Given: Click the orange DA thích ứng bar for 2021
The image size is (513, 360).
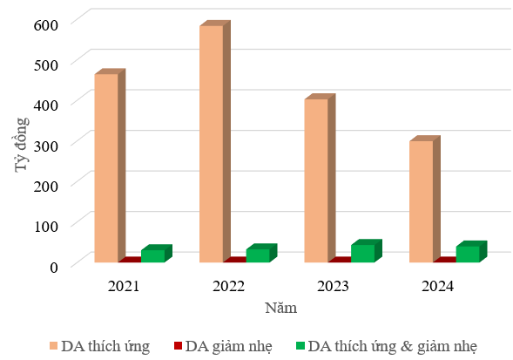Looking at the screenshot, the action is pyautogui.click(x=110, y=167).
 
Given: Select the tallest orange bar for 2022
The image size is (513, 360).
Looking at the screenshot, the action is pyautogui.click(x=215, y=143).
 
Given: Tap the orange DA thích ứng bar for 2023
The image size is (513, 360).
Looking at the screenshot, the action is pyautogui.click(x=320, y=180).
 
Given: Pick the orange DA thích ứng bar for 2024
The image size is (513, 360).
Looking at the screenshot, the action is pyautogui.click(x=425, y=200).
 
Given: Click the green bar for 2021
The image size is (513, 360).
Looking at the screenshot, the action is pyautogui.click(x=157, y=255).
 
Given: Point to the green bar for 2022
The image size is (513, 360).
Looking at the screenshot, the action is pyautogui.click(x=261, y=255).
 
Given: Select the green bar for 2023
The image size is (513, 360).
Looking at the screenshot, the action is pyautogui.click(x=367, y=252).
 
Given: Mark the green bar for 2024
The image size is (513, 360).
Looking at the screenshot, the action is pyautogui.click(x=471, y=253).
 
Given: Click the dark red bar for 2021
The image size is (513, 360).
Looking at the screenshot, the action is pyautogui.click(x=131, y=260).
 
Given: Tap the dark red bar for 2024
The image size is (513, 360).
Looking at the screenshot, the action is pyautogui.click(x=445, y=260).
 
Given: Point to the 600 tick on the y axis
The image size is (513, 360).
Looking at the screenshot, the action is pyautogui.click(x=46, y=25).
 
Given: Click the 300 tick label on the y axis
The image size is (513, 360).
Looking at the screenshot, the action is pyautogui.click(x=46, y=146).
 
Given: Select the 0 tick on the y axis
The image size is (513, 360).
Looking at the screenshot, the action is pyautogui.click(x=54, y=268).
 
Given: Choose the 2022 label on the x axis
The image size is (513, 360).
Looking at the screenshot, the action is pyautogui.click(x=228, y=286).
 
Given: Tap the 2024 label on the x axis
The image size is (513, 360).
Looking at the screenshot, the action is pyautogui.click(x=437, y=286).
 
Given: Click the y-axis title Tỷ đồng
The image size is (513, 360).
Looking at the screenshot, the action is pyautogui.click(x=22, y=145).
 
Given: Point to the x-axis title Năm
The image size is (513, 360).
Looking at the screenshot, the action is pyautogui.click(x=281, y=308).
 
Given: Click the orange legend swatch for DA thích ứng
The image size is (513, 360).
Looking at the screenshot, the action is pyautogui.click(x=54, y=346).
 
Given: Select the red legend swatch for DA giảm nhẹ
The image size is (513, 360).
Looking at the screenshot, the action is pyautogui.click(x=178, y=346).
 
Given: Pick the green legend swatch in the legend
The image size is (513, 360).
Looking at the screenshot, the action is pyautogui.click(x=300, y=346).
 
